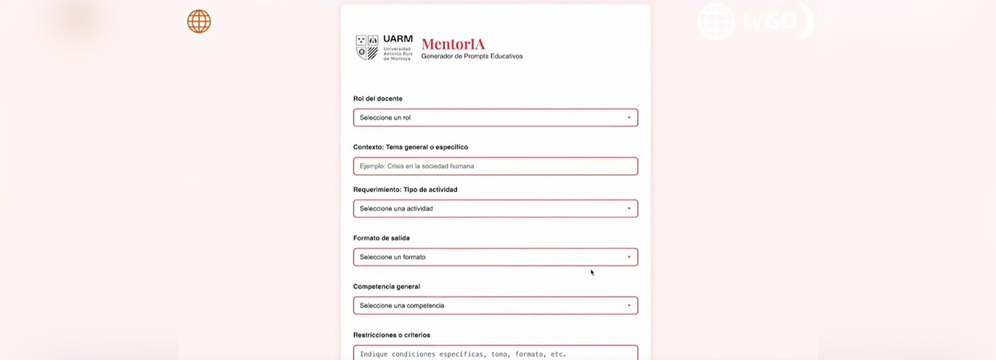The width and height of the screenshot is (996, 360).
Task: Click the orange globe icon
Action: [199, 22]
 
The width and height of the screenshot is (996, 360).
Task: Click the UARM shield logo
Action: [367, 47]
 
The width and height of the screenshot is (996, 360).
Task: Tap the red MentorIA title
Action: [453, 44]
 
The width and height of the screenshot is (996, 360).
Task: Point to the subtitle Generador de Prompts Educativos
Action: [472, 56]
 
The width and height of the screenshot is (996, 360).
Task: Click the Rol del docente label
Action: [377, 98]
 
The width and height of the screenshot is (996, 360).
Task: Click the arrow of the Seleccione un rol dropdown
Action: [629, 118]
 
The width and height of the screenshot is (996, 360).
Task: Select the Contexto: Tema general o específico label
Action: [410, 147]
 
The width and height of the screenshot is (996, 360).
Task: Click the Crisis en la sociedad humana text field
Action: [495, 166]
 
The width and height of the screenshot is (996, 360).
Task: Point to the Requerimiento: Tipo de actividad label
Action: [405, 190]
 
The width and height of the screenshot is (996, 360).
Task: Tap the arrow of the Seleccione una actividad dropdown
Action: [629, 209]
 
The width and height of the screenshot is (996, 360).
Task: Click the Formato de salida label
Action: [381, 238]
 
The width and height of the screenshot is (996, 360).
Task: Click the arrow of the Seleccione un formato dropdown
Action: [629, 257]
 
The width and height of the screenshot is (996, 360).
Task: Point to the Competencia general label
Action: [386, 287]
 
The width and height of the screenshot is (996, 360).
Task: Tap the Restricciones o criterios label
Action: [391, 335]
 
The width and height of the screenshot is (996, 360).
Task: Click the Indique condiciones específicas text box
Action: [495, 353]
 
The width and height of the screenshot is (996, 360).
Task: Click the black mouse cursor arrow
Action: [592, 272]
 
